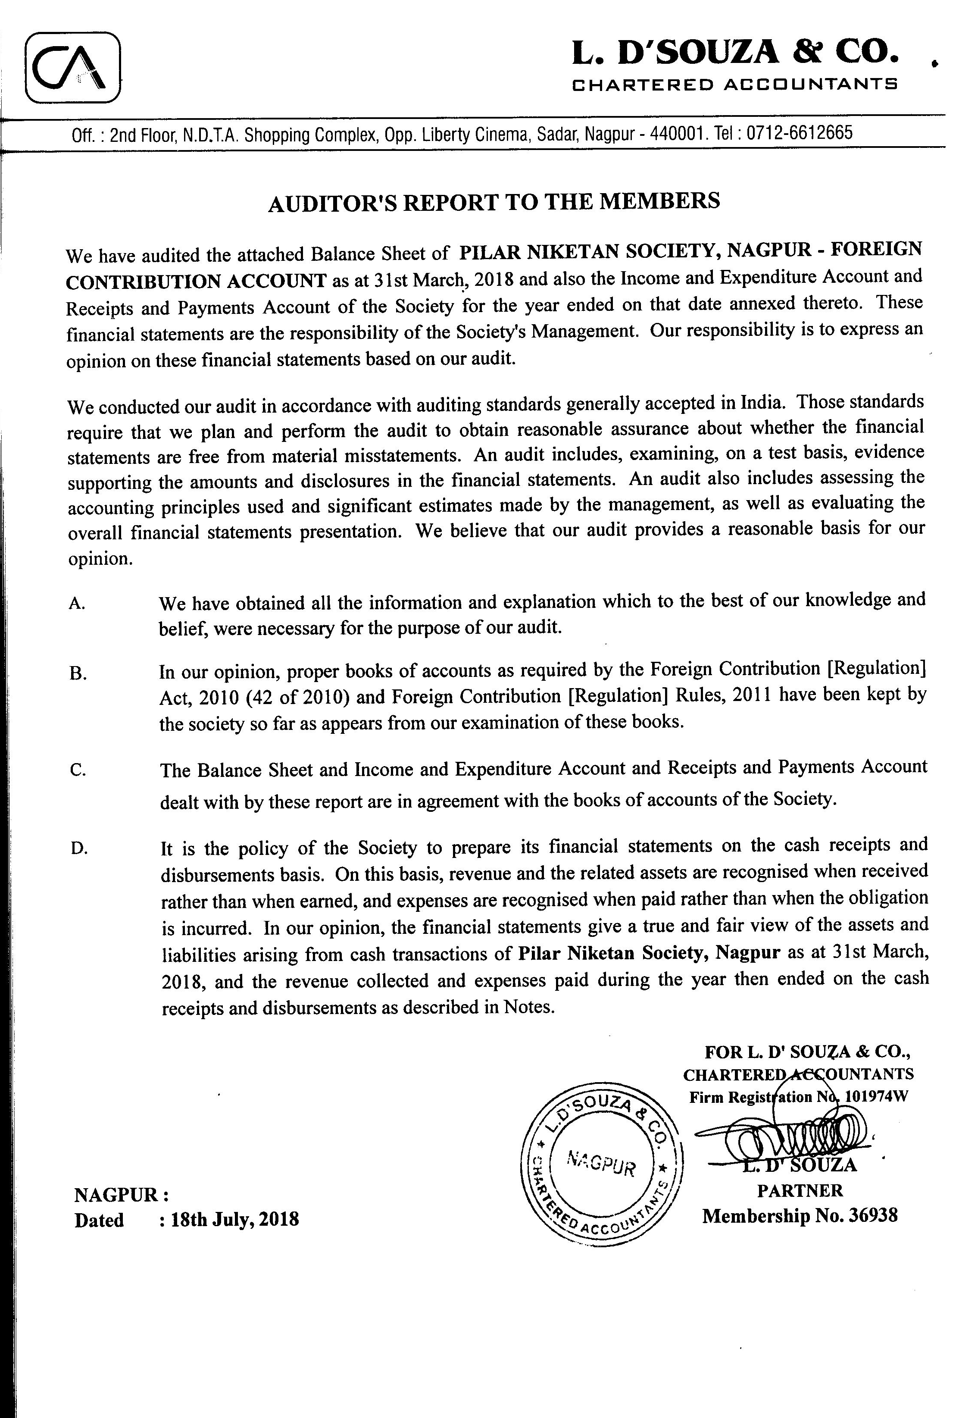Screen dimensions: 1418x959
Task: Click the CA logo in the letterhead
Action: [72, 67]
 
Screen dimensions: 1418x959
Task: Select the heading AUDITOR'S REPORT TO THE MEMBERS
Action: [494, 201]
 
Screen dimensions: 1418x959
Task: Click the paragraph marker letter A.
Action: [76, 604]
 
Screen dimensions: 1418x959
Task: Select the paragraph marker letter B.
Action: [78, 673]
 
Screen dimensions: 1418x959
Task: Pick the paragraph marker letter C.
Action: [78, 770]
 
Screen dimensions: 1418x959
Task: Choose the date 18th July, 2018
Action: [235, 1220]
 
